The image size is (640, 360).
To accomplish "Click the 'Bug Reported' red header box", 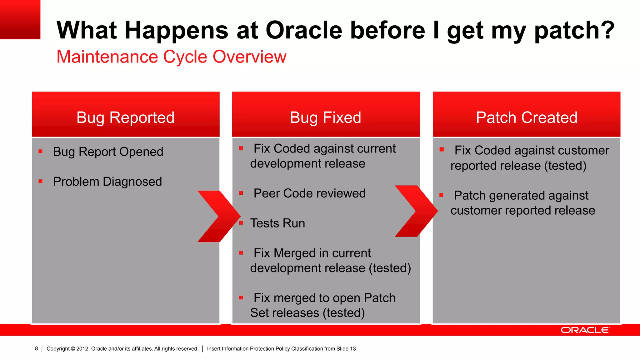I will click(x=126, y=114).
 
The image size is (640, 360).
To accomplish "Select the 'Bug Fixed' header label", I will click(x=325, y=117).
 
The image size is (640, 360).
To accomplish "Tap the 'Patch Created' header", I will click(x=527, y=117).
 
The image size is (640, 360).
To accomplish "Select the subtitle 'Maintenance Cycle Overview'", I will click(x=171, y=57).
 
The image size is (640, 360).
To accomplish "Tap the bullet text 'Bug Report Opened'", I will click(x=108, y=152).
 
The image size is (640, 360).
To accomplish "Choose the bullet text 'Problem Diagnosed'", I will click(x=107, y=182).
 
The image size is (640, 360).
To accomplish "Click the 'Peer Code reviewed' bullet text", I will click(x=309, y=193).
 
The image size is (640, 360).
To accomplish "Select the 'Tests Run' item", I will click(x=277, y=223).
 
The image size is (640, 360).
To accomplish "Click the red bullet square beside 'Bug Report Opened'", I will click(x=40, y=152).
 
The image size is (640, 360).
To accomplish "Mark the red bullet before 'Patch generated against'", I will click(x=441, y=195).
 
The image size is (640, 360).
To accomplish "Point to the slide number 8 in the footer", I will click(x=37, y=348).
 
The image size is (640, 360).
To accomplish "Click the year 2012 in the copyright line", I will click(x=82, y=349).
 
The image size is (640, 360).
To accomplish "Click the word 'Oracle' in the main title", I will click(x=304, y=30).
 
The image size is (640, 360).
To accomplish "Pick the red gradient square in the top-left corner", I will click(x=20, y=19).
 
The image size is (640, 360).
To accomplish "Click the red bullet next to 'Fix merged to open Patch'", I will click(x=241, y=298).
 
